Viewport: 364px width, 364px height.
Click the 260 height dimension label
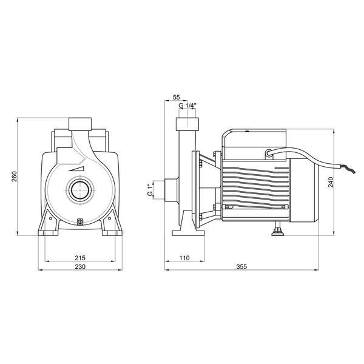pyautogui.click(x=14, y=177)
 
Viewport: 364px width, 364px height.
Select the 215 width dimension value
pyautogui.click(x=80, y=258)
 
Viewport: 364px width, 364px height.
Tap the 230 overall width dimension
pyautogui.click(x=80, y=266)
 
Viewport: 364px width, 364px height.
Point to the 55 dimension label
pyautogui.click(x=177, y=97)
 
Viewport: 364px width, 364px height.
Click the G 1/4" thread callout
pyautogui.click(x=187, y=106)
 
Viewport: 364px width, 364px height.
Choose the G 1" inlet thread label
pyautogui.click(x=150, y=190)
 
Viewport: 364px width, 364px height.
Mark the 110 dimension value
pyautogui.click(x=184, y=258)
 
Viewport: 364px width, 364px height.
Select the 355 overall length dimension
pyautogui.click(x=241, y=266)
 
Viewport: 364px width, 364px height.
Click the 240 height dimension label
pyautogui.click(x=331, y=182)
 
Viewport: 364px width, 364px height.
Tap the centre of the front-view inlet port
pyautogui.click(x=80, y=190)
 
